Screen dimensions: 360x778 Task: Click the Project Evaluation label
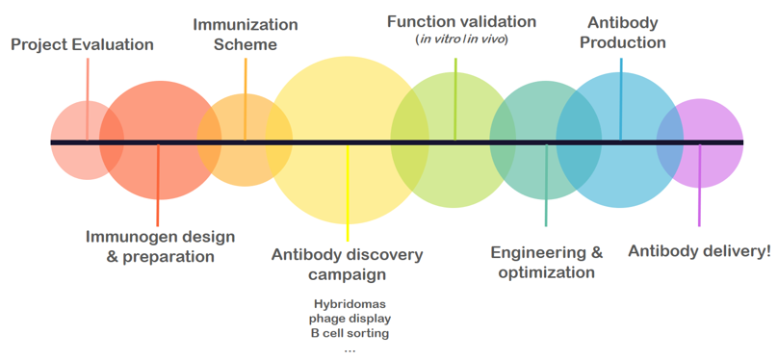[x=82, y=44]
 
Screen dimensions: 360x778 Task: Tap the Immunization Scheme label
[x=245, y=34]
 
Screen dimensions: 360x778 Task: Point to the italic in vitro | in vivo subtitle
[x=461, y=39]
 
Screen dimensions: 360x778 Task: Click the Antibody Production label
[x=626, y=31]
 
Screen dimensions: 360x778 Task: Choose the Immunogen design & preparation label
[x=160, y=246]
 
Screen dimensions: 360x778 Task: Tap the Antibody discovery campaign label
[x=347, y=264]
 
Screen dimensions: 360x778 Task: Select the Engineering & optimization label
[x=546, y=262]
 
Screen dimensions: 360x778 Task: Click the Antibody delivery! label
[x=699, y=251]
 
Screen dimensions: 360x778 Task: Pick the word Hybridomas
[x=348, y=303]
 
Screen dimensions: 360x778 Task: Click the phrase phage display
[x=350, y=319]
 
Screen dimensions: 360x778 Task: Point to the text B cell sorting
[x=350, y=333]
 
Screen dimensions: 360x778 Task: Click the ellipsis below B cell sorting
[x=349, y=348]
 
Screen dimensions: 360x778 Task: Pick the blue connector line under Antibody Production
[x=621, y=96]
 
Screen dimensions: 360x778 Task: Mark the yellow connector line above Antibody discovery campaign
[x=348, y=193]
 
